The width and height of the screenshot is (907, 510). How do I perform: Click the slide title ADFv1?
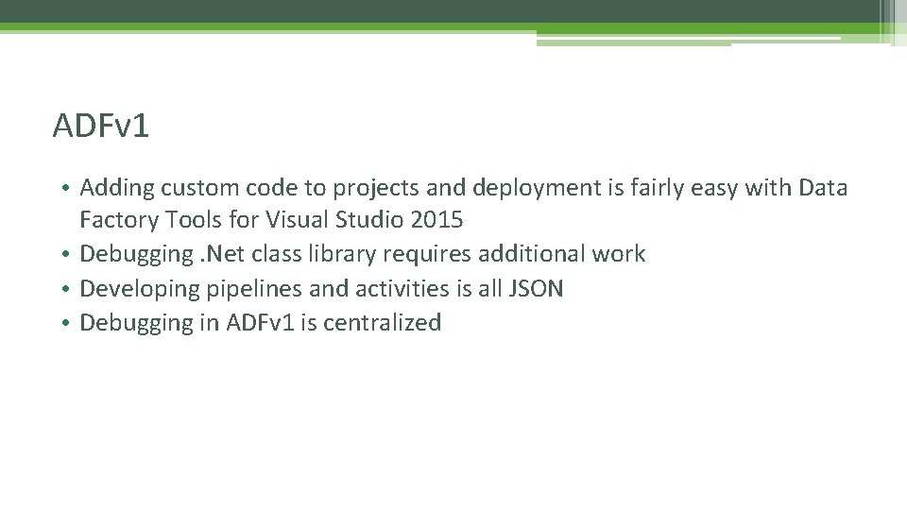point(101,126)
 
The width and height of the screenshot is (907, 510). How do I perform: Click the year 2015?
point(436,221)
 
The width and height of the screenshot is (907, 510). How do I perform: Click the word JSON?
point(535,288)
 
